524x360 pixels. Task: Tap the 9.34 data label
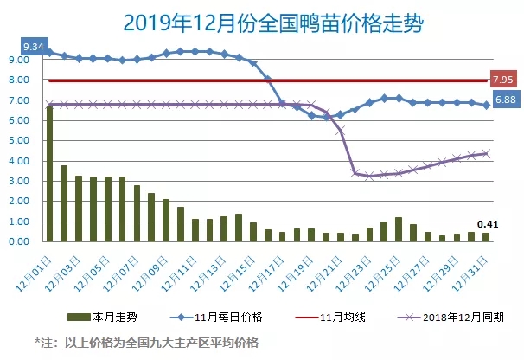point(34,44)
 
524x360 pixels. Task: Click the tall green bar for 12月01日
point(49,173)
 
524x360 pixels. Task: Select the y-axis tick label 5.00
point(19,140)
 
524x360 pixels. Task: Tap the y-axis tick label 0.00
point(19,241)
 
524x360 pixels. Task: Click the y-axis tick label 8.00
point(19,80)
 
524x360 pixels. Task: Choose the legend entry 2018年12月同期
point(440,318)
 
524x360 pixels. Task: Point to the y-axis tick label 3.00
point(19,181)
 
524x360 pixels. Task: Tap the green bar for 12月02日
point(64,203)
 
